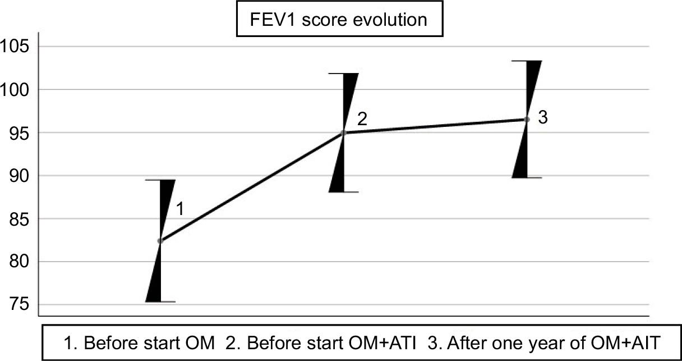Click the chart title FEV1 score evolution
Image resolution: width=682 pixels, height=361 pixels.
click(339, 20)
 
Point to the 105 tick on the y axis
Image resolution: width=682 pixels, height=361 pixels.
click(15, 47)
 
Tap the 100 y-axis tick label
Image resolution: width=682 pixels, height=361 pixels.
click(15, 90)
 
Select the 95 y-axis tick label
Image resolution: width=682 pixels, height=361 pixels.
click(19, 133)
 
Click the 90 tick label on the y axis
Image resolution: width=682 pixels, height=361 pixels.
click(19, 176)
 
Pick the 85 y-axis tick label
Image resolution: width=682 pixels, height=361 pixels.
click(19, 219)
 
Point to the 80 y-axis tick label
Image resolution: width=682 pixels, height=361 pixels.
click(19, 262)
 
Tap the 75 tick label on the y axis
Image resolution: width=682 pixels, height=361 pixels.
click(19, 305)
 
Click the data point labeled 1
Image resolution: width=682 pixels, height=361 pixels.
click(160, 241)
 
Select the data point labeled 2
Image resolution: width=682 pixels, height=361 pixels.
click(344, 133)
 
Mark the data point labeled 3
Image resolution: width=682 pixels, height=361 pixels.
click(527, 120)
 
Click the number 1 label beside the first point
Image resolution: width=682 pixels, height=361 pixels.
click(180, 209)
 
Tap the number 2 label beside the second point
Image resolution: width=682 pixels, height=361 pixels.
click(362, 119)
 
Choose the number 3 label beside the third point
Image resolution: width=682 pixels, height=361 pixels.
click(543, 117)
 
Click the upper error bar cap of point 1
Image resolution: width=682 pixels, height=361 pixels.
click(160, 180)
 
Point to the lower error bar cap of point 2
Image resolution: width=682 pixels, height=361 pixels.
click(344, 192)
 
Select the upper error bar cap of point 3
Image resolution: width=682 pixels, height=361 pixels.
click(527, 61)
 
